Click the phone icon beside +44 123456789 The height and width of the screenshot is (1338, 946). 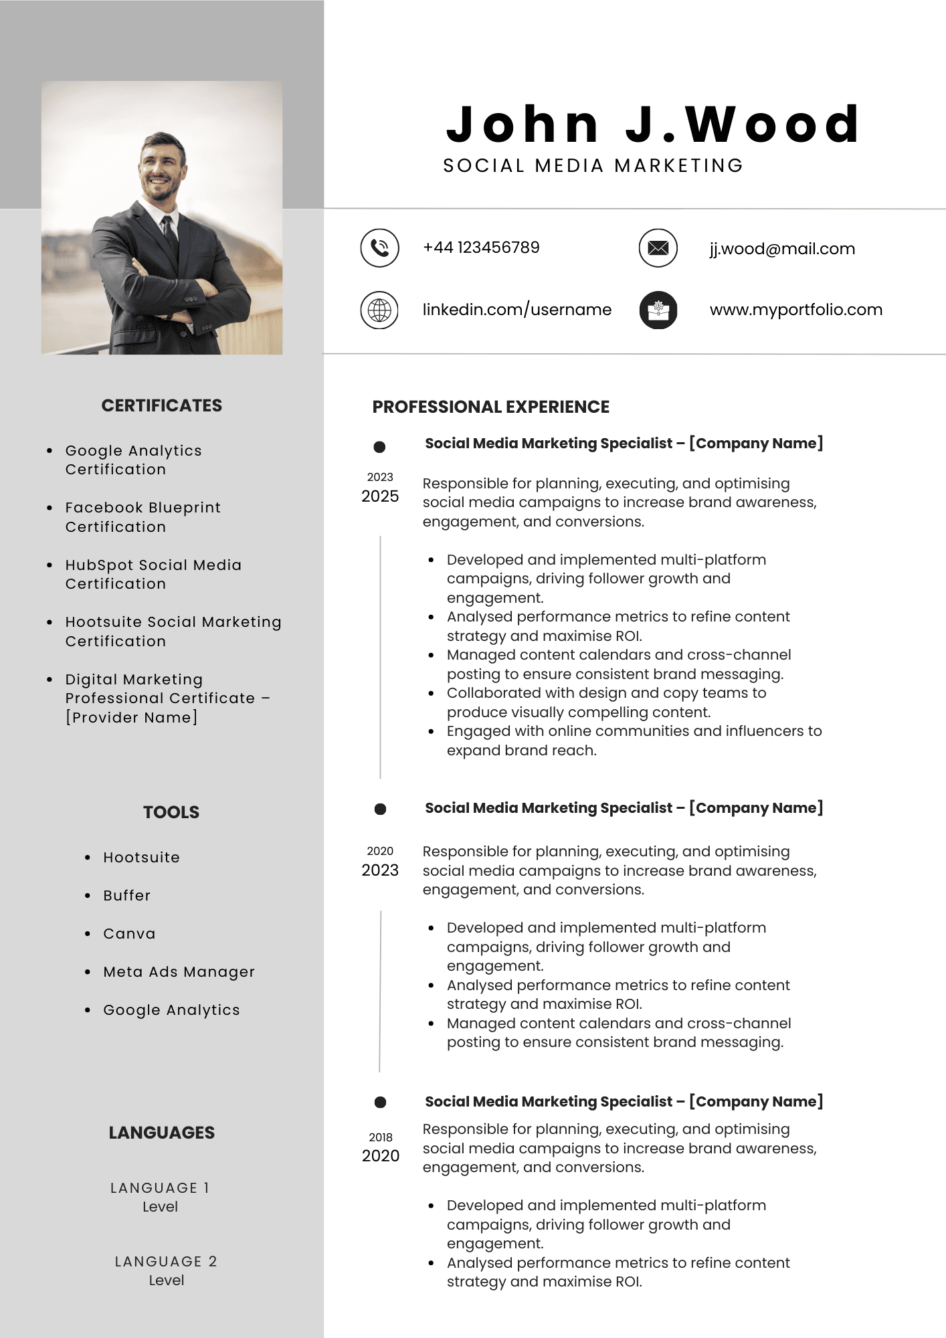[379, 248]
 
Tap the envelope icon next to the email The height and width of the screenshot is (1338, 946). [658, 248]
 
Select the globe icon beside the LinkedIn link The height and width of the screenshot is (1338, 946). [379, 310]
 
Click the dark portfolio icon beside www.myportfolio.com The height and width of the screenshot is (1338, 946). [658, 310]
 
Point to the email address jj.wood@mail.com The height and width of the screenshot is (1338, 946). [782, 249]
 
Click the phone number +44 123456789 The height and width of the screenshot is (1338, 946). [481, 248]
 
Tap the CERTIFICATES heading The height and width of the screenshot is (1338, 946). [162, 405]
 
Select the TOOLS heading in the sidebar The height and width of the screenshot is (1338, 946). [171, 812]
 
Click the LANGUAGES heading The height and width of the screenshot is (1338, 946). [162, 1133]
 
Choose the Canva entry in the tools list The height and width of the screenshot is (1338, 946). [129, 934]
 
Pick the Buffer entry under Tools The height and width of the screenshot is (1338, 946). [127, 896]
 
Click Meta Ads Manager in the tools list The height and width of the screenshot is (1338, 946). [179, 972]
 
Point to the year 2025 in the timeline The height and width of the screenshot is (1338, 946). [380, 496]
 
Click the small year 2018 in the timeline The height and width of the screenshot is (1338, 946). [381, 1137]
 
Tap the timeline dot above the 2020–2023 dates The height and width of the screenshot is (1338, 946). [380, 809]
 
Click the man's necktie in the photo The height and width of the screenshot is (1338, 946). [170, 237]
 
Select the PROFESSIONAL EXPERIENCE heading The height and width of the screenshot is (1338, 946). [491, 407]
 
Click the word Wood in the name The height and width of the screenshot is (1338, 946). [773, 125]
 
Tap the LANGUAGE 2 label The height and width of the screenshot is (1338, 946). [166, 1262]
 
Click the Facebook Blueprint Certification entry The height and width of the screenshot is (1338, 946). [143, 517]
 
